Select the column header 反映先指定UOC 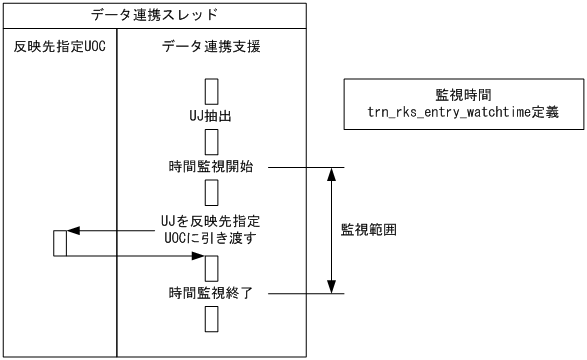click(x=59, y=49)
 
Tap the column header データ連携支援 click(x=210, y=49)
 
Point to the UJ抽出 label click(x=211, y=117)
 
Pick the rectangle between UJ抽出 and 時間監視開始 click(x=211, y=142)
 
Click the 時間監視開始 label click(x=211, y=166)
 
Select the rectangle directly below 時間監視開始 click(x=211, y=191)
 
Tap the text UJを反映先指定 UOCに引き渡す click(x=211, y=228)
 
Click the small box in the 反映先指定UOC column click(x=60, y=243)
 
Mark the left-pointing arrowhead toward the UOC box click(x=73, y=231)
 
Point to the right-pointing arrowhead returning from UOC click(x=197, y=256)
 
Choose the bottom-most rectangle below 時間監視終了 click(x=211, y=318)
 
